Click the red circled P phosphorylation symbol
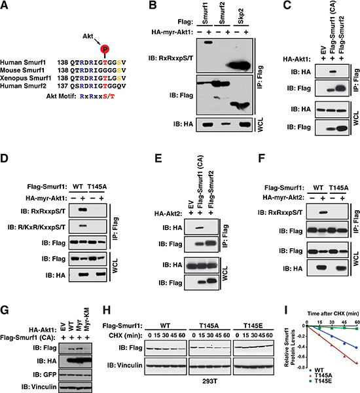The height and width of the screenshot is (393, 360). (105, 49)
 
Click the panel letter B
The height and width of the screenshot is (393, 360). (153, 5)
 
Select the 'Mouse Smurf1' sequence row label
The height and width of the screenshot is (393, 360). (22, 70)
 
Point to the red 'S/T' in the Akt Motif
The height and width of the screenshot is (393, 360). (109, 96)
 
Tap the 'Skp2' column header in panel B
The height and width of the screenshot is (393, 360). (241, 17)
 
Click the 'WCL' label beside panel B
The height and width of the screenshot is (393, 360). (261, 124)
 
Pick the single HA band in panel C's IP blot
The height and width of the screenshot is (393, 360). (332, 72)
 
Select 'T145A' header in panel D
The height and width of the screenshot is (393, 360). (97, 187)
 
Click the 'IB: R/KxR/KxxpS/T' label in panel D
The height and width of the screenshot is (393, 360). (36, 227)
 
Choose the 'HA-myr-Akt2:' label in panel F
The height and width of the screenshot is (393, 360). (283, 198)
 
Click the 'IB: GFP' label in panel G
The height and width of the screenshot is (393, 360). (45, 375)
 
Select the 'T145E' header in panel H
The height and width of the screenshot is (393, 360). (253, 326)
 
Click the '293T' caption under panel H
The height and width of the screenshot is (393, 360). (209, 381)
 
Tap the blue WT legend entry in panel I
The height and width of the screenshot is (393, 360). (316, 370)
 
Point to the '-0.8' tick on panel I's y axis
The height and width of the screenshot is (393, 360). (300, 367)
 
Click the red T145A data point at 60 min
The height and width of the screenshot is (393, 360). (357, 363)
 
